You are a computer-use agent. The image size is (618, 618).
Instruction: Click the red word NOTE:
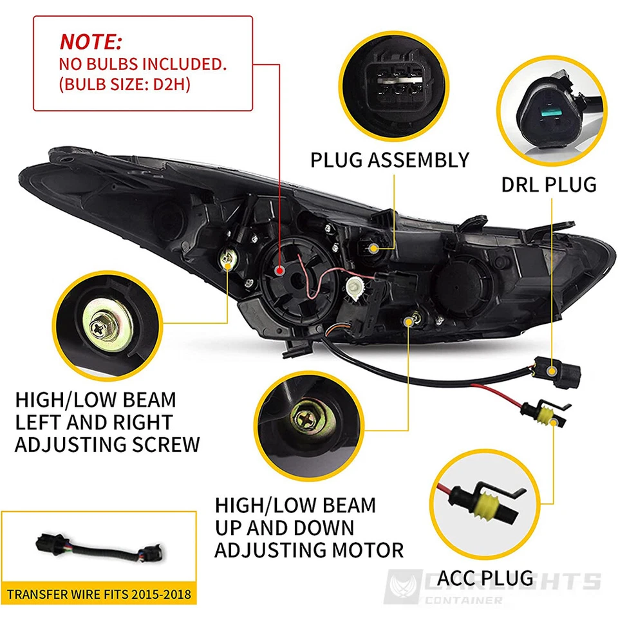tap(91, 42)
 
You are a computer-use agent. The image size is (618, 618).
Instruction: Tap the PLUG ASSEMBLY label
tap(389, 160)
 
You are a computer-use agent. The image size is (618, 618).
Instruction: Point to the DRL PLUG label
tap(549, 185)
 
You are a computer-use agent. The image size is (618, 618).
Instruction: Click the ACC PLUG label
tap(487, 577)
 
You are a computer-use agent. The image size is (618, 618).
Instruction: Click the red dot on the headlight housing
tap(279, 270)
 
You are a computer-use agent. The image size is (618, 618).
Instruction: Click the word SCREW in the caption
tap(164, 444)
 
